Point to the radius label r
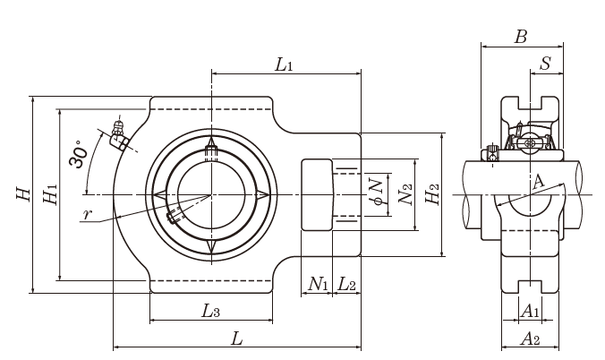(87, 215)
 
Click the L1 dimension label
(285, 64)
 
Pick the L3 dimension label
(210, 311)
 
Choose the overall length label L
(236, 339)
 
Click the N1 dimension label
(318, 285)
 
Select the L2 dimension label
(347, 285)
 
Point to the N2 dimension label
(405, 193)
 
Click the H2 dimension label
(431, 193)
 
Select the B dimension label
(521, 37)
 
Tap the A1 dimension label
(530, 311)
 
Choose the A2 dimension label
(530, 339)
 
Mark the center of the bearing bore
(211, 194)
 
